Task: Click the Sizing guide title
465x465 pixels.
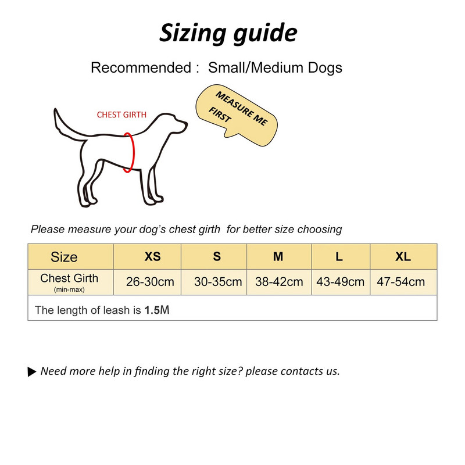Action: (228, 33)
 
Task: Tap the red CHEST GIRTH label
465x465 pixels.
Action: (121, 115)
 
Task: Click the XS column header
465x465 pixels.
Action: (152, 256)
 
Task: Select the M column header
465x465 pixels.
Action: (278, 256)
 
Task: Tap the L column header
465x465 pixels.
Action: (339, 256)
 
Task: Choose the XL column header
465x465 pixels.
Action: (403, 256)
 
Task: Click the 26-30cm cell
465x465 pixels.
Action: (150, 282)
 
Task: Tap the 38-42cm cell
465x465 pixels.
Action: (279, 282)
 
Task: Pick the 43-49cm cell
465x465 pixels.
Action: (340, 282)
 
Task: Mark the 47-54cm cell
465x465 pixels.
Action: (400, 282)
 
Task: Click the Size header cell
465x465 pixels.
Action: (64, 257)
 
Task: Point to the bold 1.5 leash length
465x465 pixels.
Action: (152, 310)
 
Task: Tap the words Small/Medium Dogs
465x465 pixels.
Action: (275, 67)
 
